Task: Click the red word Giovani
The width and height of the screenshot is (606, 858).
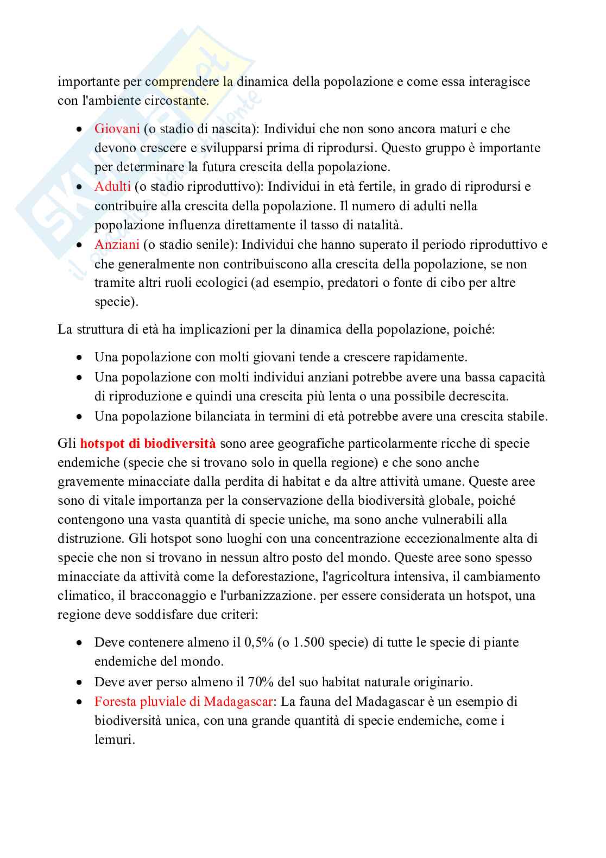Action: [117, 129]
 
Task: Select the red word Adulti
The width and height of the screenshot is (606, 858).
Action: [112, 186]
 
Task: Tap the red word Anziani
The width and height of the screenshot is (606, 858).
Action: [117, 245]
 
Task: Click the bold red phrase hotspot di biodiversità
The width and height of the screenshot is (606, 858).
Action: [148, 443]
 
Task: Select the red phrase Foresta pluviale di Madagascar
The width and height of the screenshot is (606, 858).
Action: [183, 702]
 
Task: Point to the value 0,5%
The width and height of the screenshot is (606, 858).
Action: [258, 642]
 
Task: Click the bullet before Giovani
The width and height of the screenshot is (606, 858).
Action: [79, 130]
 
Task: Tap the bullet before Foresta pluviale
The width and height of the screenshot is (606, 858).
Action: [79, 703]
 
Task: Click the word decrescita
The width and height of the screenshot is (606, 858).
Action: [478, 396]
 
